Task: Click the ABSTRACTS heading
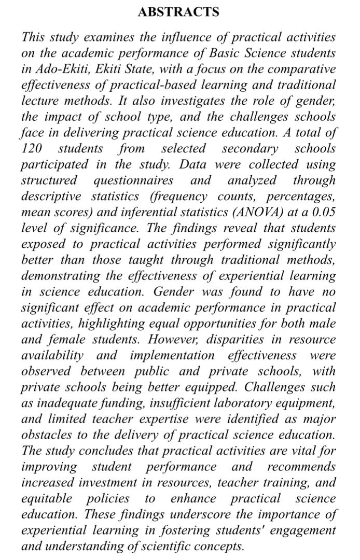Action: click(x=179, y=12)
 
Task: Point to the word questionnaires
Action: click(x=133, y=180)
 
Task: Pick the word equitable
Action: click(x=47, y=498)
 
